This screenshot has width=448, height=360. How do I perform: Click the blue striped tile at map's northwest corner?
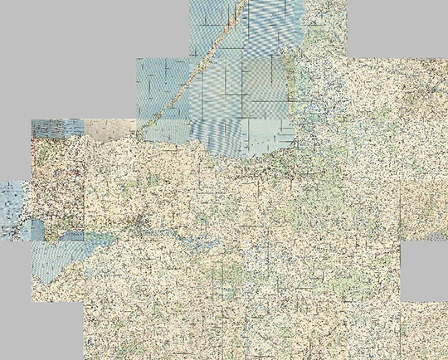click(57, 128)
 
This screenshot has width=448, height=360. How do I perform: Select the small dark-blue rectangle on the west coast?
click(34, 230)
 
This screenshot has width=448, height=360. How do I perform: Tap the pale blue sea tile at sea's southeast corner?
click(267, 133)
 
